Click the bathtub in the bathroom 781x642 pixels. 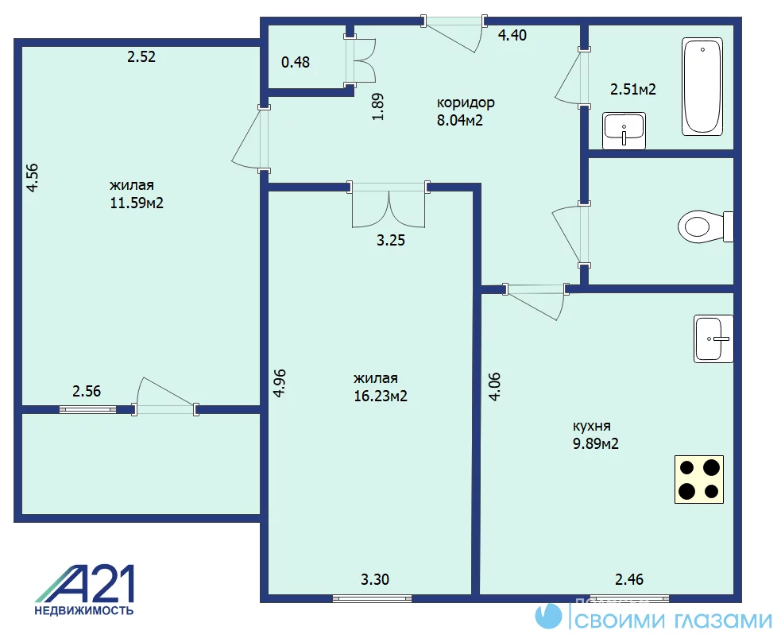(x=702, y=86)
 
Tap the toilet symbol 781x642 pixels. (x=706, y=226)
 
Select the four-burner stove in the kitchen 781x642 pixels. (x=699, y=479)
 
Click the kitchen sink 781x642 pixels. (x=713, y=338)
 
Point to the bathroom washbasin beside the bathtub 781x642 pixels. (x=624, y=131)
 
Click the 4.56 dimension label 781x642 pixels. (x=33, y=178)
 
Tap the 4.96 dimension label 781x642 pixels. (x=280, y=382)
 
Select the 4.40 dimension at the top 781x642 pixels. (x=512, y=35)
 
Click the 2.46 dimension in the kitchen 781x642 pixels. (x=629, y=579)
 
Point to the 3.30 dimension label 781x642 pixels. (x=374, y=579)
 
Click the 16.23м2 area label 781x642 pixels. (x=381, y=396)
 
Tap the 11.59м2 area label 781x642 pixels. (x=137, y=203)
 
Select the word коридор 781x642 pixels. (x=466, y=103)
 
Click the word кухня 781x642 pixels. (x=592, y=426)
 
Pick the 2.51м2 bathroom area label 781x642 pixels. (x=633, y=89)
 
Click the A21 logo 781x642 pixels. (x=85, y=584)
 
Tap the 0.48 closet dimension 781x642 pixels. (x=296, y=62)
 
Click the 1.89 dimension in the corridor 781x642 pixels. (x=378, y=107)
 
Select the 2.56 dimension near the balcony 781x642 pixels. (x=87, y=391)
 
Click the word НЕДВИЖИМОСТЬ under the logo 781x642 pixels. (x=84, y=610)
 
